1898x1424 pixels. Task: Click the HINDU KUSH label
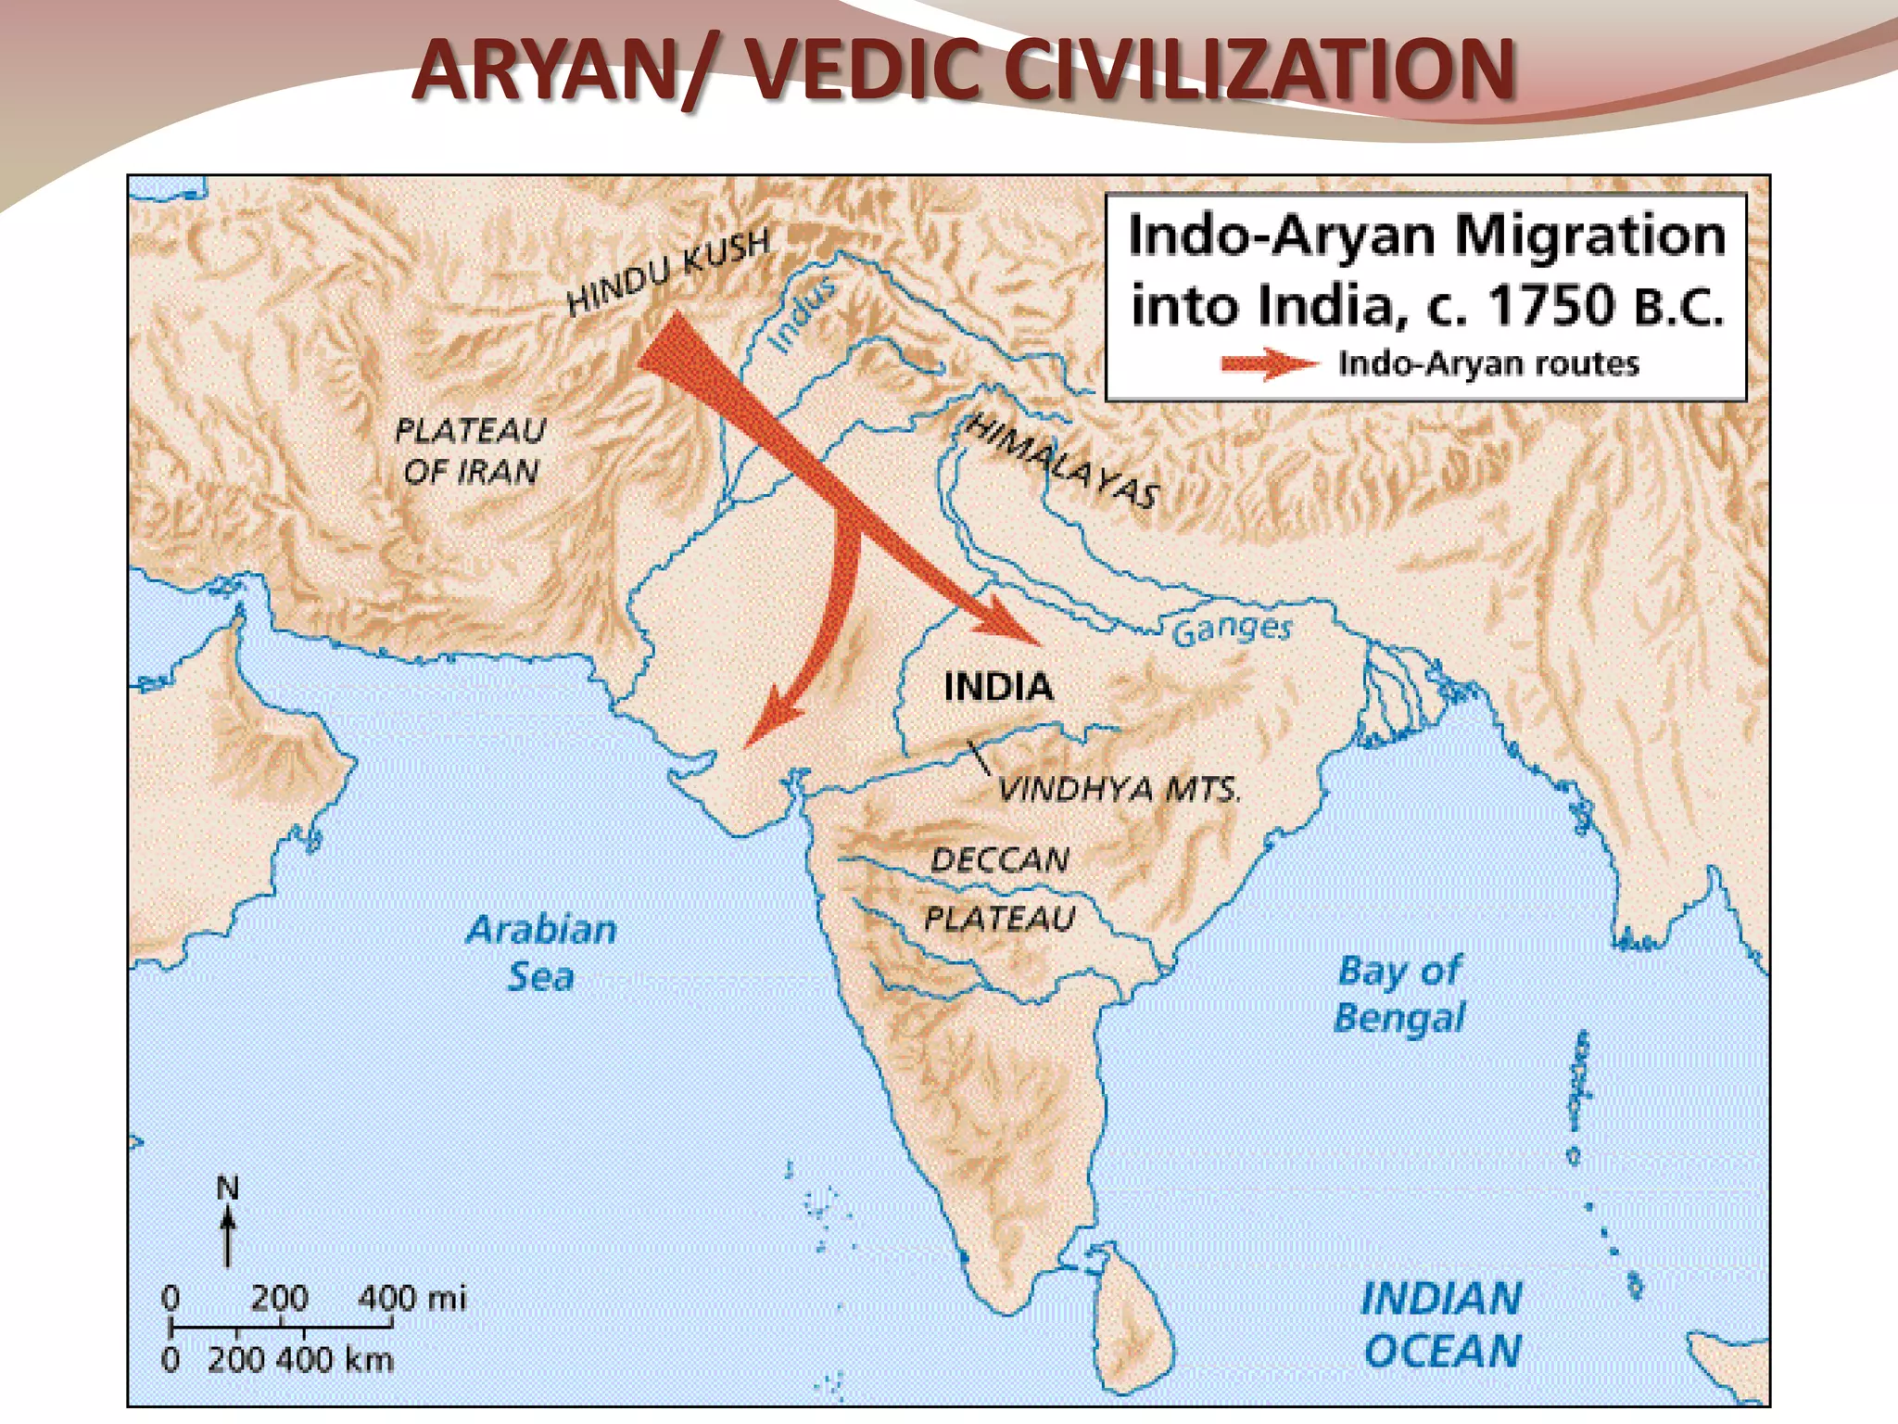coord(668,271)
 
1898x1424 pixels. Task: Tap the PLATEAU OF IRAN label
coord(470,451)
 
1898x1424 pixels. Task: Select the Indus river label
coord(803,314)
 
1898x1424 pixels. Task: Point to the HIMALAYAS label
coord(1062,461)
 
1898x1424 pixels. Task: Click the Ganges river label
coord(1232,630)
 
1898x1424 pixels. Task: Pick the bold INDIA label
coord(998,687)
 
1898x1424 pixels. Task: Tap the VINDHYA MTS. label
coord(1119,789)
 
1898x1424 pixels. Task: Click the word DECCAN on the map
coord(1000,860)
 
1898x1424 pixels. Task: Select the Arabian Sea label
coord(541,952)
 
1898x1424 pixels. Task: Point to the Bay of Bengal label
coord(1399,994)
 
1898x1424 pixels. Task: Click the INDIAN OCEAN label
coord(1441,1324)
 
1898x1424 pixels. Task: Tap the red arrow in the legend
coord(1269,364)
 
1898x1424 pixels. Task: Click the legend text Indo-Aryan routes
coord(1488,363)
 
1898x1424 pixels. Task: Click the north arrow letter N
coord(227,1188)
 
